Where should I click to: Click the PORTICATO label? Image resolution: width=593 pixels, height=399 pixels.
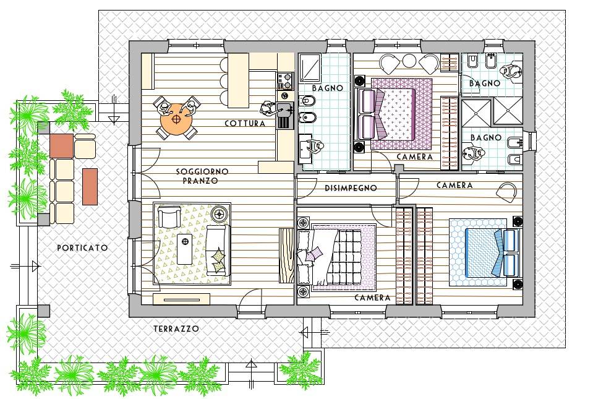tap(82, 247)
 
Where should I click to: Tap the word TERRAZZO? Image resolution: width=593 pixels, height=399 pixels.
tap(176, 329)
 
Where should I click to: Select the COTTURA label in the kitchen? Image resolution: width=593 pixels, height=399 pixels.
tap(245, 124)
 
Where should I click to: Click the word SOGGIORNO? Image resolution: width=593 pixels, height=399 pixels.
tap(202, 171)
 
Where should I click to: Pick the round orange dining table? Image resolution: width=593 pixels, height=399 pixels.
tap(177, 119)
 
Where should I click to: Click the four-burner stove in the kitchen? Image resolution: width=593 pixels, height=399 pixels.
tap(285, 80)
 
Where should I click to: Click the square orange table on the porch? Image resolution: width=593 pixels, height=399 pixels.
tap(61, 145)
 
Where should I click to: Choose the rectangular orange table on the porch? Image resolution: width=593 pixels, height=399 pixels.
tap(90, 186)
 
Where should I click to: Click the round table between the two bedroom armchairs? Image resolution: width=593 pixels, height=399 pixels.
tap(409, 61)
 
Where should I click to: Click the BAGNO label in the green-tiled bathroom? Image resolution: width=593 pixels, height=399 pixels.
tap(327, 88)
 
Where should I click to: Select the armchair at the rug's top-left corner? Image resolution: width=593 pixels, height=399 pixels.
tap(168, 217)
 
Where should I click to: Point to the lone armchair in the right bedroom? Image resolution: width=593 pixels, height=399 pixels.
tap(506, 192)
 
